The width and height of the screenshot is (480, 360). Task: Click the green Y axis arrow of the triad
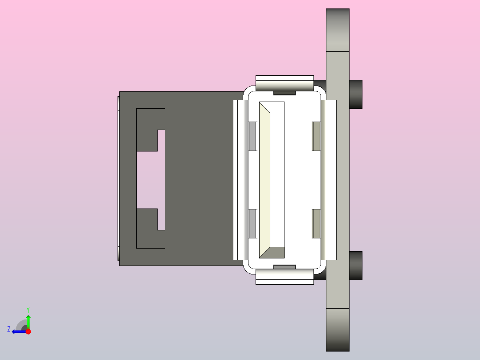pos(28,319)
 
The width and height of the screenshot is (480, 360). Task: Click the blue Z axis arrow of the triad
pos(16,331)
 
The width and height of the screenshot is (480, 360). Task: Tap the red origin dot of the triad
pos(28,331)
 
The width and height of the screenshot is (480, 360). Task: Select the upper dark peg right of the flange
pos(356,94)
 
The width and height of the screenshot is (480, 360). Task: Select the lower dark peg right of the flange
pos(356,266)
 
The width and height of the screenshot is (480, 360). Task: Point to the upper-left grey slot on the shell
pos(252,136)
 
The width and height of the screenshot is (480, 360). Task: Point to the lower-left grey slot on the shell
pos(252,223)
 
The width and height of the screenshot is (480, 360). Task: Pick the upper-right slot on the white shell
pos(316,136)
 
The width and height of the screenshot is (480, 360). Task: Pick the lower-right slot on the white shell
pos(316,223)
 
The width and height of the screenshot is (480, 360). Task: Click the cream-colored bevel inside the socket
pos(264,178)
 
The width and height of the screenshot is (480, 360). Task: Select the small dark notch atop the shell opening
pos(285,93)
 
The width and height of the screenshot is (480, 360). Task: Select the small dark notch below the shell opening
pos(285,267)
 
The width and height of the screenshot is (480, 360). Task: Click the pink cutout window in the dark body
pos(150,180)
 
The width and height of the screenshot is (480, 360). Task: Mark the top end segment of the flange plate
pos(338,30)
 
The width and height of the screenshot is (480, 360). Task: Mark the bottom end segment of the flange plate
pos(338,330)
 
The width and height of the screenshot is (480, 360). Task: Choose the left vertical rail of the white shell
pos(240,180)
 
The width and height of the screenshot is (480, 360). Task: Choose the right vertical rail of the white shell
pos(329,180)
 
